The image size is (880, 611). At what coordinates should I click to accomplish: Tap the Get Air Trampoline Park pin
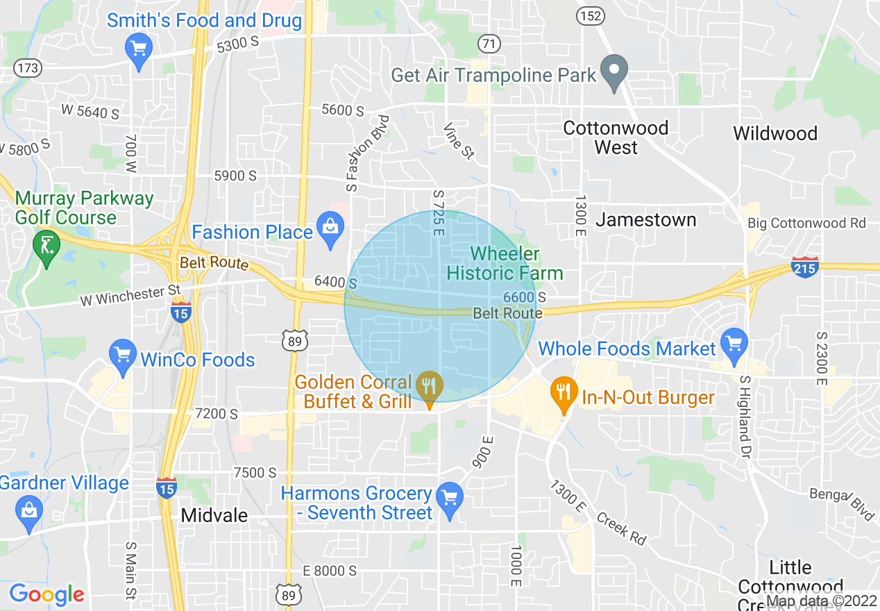coord(614,71)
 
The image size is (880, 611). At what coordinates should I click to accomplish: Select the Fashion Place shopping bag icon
coord(330,228)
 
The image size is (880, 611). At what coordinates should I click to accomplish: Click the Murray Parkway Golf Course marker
coord(46,246)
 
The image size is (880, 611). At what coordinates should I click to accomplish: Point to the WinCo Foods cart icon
coord(123,355)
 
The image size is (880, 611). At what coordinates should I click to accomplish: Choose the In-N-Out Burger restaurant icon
coord(564,393)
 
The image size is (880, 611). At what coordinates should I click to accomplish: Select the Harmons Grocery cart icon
coord(450,499)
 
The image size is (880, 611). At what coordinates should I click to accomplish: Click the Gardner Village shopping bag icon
coord(29,512)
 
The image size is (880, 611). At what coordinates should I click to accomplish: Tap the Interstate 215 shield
coord(804,267)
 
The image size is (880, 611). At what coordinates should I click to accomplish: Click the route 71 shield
coord(489,44)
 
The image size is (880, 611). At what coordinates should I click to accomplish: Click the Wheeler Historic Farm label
coord(505,264)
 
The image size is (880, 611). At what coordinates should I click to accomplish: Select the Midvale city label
coord(214,516)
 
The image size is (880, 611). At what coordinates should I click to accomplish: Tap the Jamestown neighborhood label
coord(646,220)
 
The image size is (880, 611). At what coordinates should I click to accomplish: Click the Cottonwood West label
coord(616,137)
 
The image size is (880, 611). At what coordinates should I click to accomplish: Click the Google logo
coord(46,594)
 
